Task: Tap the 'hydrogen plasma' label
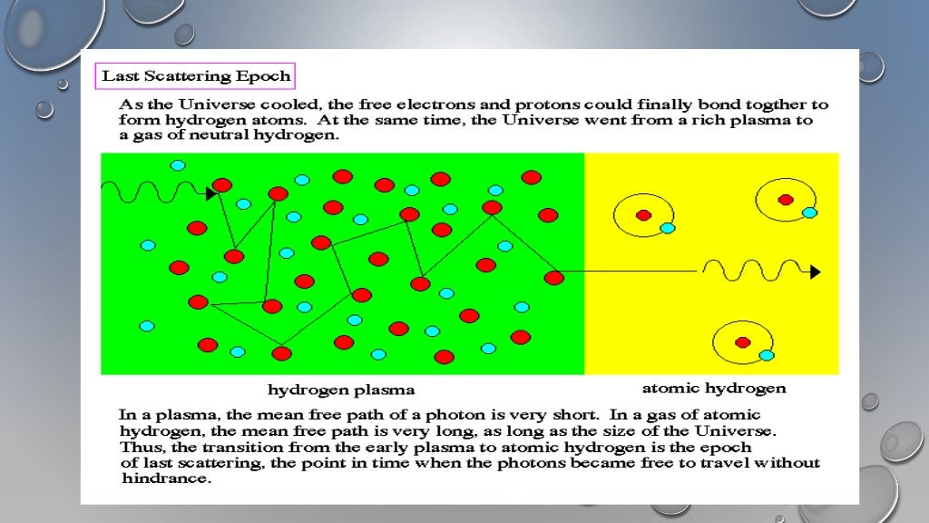(341, 390)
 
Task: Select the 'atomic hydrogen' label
(714, 389)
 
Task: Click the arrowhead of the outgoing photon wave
(815, 271)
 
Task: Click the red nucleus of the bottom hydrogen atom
(743, 342)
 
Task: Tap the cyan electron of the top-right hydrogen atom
(809, 212)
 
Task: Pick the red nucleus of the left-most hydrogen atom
(643, 215)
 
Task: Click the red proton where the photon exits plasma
(553, 278)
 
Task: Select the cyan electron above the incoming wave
(178, 165)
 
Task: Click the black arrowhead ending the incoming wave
(211, 193)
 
